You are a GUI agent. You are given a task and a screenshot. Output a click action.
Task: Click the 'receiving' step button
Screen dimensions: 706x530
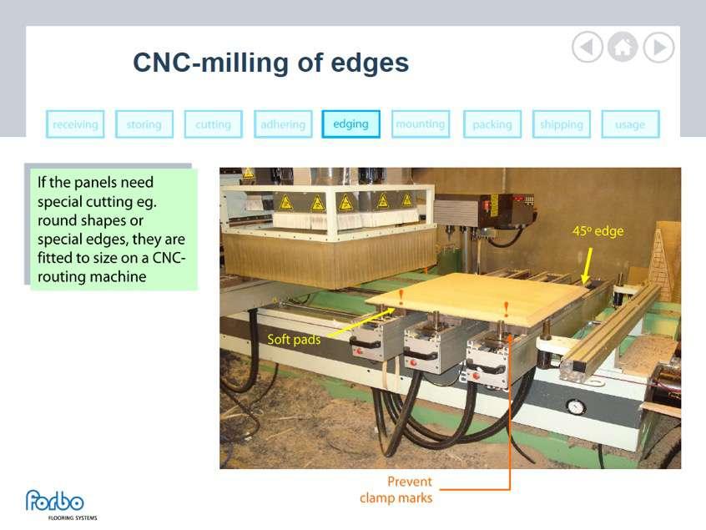(x=75, y=124)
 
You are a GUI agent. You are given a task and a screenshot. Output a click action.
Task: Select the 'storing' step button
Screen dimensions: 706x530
(x=144, y=124)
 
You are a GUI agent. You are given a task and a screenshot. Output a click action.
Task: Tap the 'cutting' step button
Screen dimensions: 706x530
(x=213, y=124)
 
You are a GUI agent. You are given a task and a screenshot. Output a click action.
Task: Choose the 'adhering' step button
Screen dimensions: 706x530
(x=283, y=124)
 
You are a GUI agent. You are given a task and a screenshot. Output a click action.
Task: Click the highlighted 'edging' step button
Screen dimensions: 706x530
(x=350, y=124)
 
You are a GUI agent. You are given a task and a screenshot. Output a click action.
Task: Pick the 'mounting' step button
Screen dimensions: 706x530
(x=421, y=124)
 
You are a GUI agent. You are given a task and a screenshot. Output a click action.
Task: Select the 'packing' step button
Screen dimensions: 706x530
(x=492, y=124)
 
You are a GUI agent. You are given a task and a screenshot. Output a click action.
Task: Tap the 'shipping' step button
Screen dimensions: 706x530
(x=561, y=124)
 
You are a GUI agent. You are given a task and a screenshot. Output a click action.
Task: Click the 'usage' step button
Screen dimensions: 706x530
(x=630, y=124)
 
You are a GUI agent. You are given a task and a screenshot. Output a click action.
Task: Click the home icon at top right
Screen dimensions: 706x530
(x=623, y=48)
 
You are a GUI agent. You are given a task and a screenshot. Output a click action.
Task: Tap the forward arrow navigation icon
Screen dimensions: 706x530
(x=658, y=48)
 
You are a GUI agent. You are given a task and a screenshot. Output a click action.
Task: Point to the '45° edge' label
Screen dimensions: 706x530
(x=598, y=231)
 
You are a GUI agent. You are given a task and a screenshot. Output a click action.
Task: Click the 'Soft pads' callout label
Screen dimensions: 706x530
(x=294, y=340)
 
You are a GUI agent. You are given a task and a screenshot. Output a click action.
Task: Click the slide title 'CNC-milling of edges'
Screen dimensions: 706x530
(x=270, y=63)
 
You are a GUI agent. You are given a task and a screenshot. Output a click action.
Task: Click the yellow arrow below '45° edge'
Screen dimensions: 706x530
(x=587, y=265)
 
